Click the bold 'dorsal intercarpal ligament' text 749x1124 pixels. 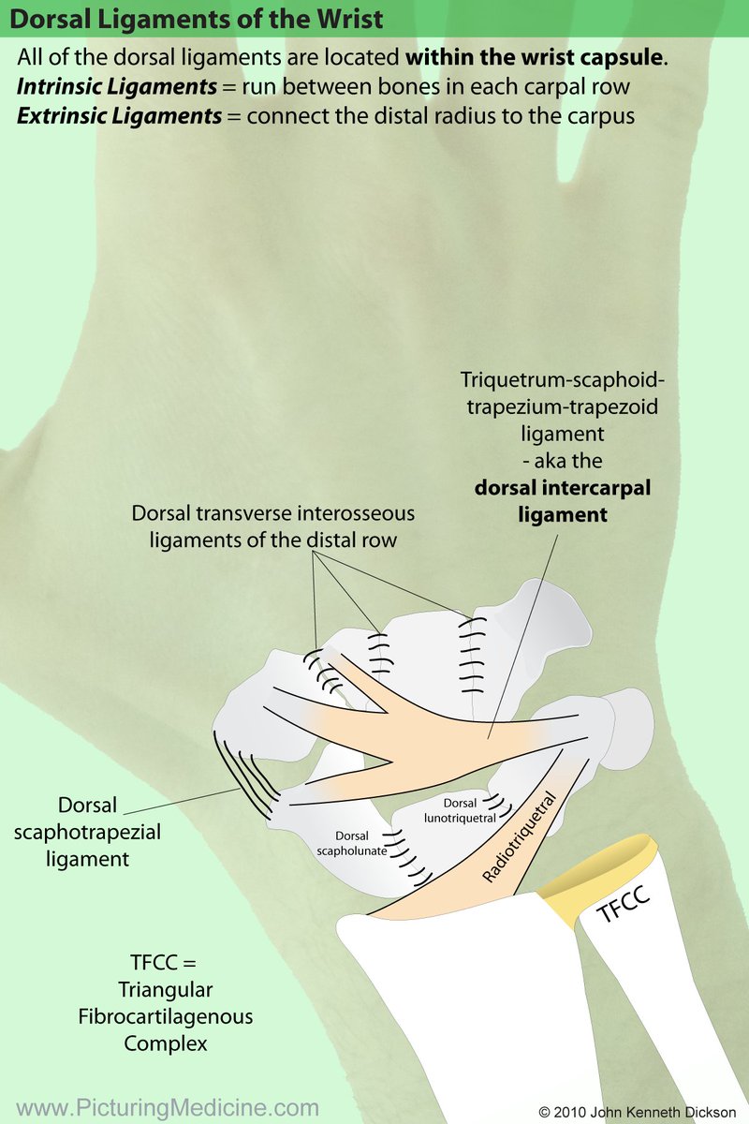coord(562,502)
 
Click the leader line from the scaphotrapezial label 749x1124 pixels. coord(178,801)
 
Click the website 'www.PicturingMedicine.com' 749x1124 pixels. coord(169,1107)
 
